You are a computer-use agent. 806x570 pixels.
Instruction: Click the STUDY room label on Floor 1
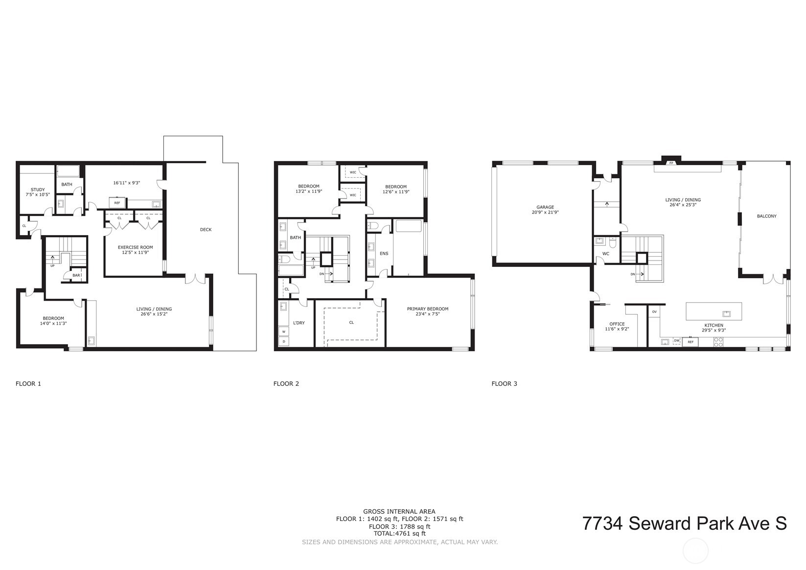tap(38, 190)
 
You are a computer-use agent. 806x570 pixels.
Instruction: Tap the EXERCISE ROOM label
tap(135, 247)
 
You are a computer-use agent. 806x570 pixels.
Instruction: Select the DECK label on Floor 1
tap(206, 230)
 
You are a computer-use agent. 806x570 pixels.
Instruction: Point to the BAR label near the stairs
tap(76, 276)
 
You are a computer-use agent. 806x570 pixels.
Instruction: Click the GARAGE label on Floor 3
tap(545, 208)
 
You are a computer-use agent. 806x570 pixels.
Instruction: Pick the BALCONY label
tap(767, 216)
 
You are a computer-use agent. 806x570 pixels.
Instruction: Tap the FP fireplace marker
tap(671, 163)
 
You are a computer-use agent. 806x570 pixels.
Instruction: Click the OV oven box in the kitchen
tap(654, 312)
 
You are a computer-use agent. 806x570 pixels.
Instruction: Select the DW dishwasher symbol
tap(677, 341)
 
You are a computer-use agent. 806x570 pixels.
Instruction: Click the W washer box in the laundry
tap(283, 332)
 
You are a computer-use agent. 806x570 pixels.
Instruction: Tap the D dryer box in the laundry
tap(283, 341)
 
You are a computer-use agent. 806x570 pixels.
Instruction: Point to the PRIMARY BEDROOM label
tap(427, 309)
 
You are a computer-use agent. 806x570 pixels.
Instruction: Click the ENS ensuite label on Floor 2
tap(384, 254)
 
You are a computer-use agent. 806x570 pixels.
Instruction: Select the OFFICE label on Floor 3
tap(617, 324)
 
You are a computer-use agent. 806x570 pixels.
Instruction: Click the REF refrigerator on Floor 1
tap(117, 203)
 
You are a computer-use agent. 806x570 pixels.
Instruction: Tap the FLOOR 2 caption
tap(286, 384)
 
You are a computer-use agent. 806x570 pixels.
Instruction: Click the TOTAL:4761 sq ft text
tap(399, 534)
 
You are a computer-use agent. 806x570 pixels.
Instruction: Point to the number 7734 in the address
tap(602, 523)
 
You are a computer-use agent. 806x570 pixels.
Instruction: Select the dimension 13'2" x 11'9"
tap(309, 191)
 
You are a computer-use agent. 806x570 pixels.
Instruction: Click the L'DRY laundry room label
tap(299, 323)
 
